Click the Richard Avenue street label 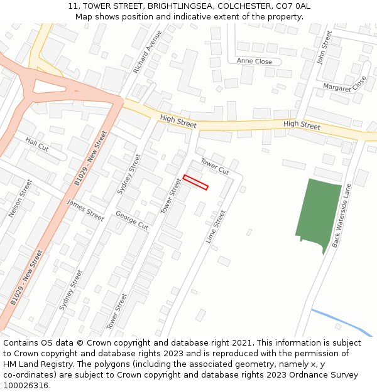[148, 51]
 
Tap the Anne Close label [254, 61]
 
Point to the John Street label [324, 48]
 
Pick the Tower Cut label [215, 166]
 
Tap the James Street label [85, 209]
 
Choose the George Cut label [132, 220]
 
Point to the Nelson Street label [19, 198]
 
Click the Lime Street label [216, 226]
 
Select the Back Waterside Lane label [343, 215]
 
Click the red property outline [195, 182]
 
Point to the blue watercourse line [342, 322]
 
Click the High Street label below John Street [302, 125]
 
